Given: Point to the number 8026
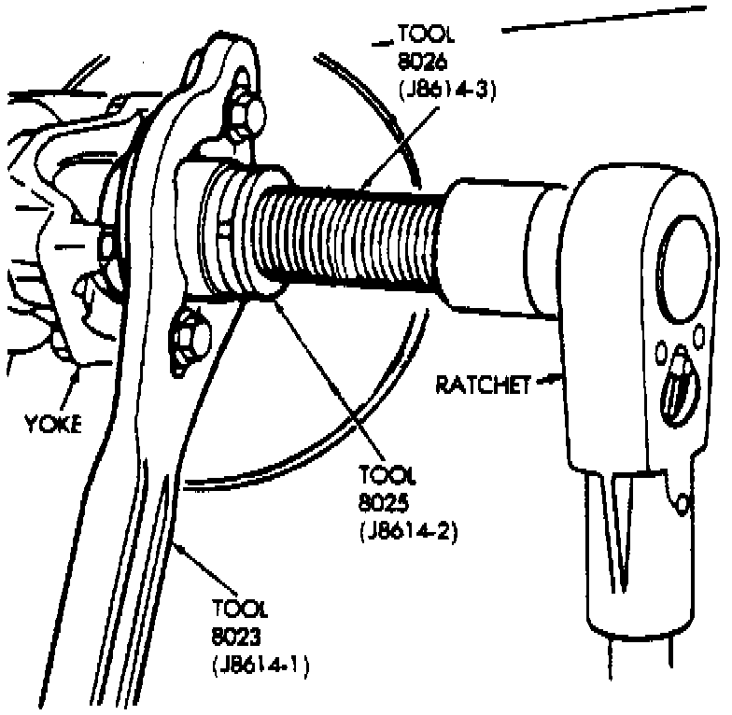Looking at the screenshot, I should pyautogui.click(x=418, y=63).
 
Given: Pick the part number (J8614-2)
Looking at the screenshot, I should pyautogui.click(x=407, y=534).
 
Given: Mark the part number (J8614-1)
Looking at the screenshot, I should pyautogui.click(x=260, y=666).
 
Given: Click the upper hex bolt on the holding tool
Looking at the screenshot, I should pyautogui.click(x=247, y=115).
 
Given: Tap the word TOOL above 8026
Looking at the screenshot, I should pyautogui.click(x=426, y=36).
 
